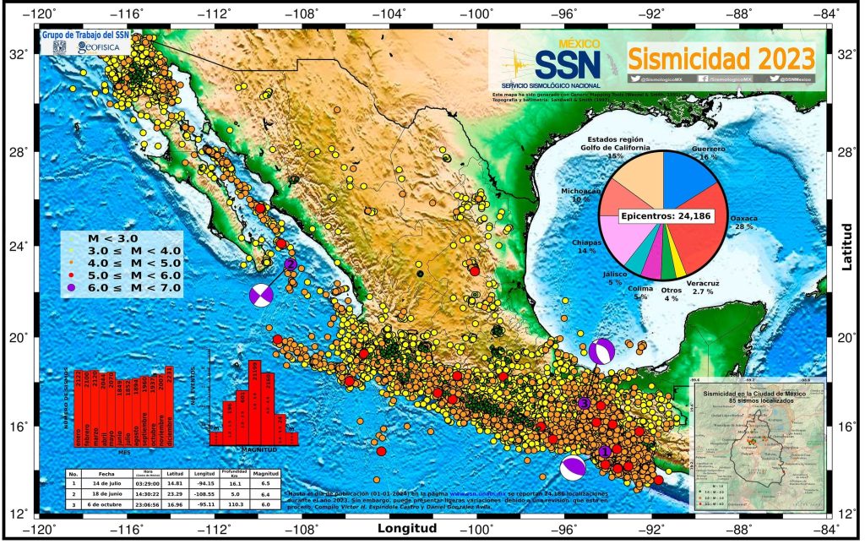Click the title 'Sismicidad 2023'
pos(721,59)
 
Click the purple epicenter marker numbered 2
pos(290,264)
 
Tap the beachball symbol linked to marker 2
pos(262,295)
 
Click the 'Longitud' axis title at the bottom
pos(408,530)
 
